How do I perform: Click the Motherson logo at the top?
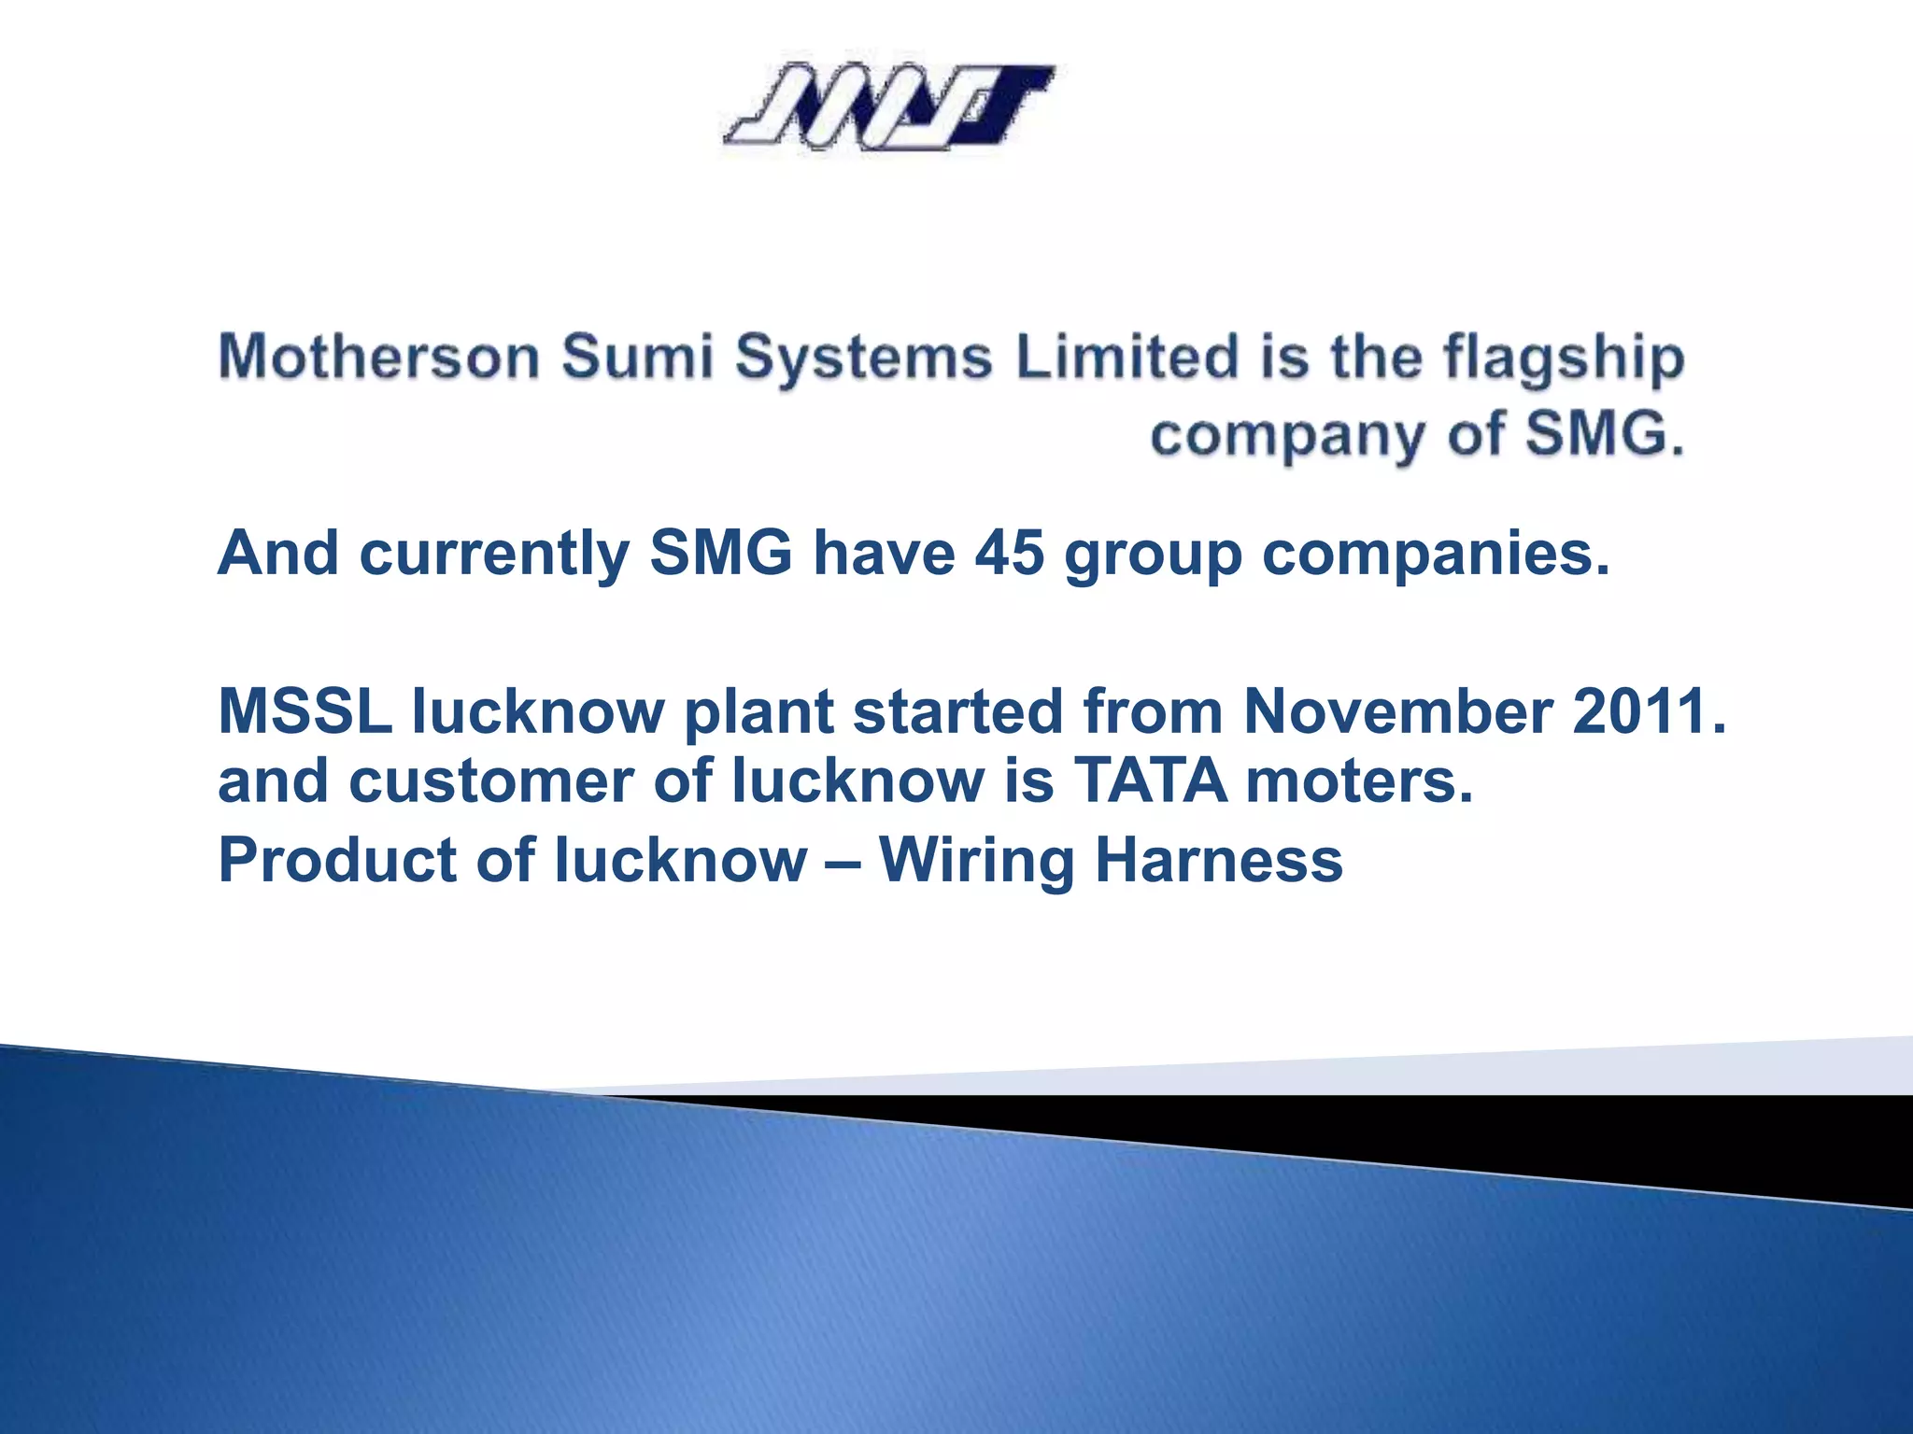pyautogui.click(x=889, y=106)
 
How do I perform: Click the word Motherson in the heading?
pyautogui.click(x=378, y=358)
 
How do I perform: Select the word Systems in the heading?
pyautogui.click(x=863, y=359)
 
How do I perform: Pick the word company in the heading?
pyautogui.click(x=1288, y=437)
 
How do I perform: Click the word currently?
pyautogui.click(x=494, y=555)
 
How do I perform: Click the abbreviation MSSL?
pyautogui.click(x=305, y=711)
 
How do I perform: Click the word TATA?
pyautogui.click(x=1150, y=780)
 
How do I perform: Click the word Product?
pyautogui.click(x=337, y=860)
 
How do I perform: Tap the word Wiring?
pyautogui.click(x=976, y=862)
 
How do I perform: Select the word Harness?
pyautogui.click(x=1219, y=860)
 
